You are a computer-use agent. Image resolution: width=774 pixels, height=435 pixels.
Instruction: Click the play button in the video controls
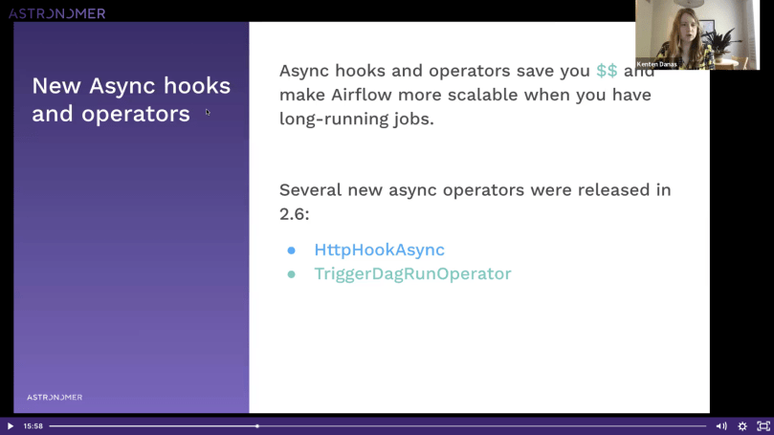[11, 426]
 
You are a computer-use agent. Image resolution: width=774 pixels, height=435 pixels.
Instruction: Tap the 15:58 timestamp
[33, 426]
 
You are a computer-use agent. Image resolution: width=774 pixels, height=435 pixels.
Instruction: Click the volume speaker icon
[720, 426]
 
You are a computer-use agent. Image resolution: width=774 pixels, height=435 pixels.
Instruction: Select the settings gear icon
[741, 426]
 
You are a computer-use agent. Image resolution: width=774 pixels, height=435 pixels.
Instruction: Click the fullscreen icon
[763, 426]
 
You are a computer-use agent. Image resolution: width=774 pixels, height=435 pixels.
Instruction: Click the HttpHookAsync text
[379, 250]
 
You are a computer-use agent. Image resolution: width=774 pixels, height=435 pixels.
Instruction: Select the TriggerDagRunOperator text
[412, 274]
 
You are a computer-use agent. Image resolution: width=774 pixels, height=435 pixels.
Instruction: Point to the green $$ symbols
[607, 71]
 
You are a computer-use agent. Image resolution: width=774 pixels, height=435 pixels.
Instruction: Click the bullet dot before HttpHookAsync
[292, 250]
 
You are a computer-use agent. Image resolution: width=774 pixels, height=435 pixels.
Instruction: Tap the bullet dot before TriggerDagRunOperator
[292, 274]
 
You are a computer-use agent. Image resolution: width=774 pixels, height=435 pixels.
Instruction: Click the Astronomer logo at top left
[56, 13]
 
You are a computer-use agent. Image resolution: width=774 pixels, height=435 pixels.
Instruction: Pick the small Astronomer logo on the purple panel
[55, 397]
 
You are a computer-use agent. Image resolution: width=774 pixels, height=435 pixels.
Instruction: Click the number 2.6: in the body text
[294, 214]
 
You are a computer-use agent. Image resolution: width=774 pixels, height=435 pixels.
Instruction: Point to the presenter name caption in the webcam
[656, 64]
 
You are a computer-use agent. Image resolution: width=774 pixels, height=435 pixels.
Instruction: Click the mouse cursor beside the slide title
[208, 112]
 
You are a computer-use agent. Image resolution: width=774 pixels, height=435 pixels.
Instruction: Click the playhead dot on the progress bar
[257, 426]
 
